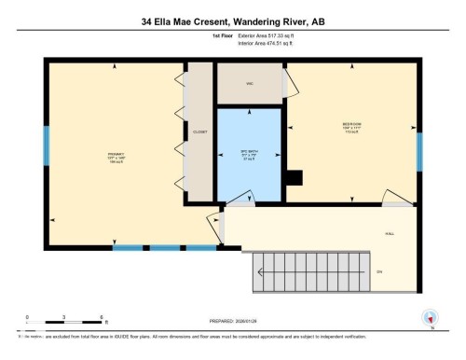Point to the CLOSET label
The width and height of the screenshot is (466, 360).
199,132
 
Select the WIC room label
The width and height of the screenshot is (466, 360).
250,84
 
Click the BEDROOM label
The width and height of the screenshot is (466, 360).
351,124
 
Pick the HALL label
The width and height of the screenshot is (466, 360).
388,234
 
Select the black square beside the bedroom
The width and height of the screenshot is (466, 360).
295,179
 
